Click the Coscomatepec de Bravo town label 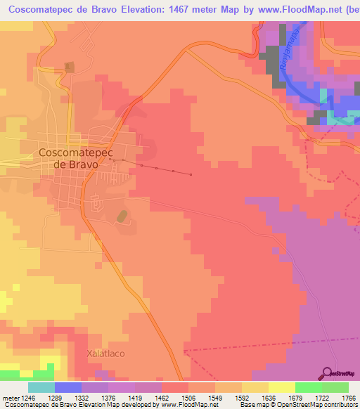point(68,157)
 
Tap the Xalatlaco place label point(105,353)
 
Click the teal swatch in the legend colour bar point(41,387)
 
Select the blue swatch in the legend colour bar point(68,387)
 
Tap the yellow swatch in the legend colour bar point(281,387)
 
